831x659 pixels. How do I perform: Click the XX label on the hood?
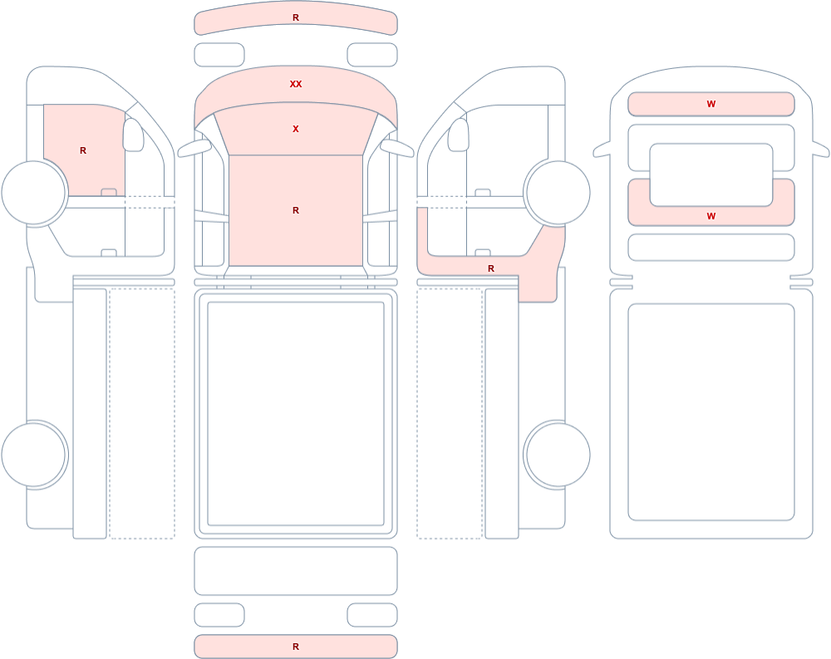pyautogui.click(x=296, y=84)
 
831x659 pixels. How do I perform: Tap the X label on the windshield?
pyautogui.click(x=296, y=129)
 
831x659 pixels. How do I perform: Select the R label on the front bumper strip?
pyautogui.click(x=296, y=17)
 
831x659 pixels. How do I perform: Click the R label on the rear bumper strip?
pyautogui.click(x=296, y=647)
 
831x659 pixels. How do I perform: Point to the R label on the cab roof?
pyautogui.click(x=296, y=210)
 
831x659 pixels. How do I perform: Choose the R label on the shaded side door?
pyautogui.click(x=82, y=150)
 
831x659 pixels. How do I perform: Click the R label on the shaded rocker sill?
pyautogui.click(x=491, y=268)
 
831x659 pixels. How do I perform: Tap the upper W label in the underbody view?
pyautogui.click(x=711, y=104)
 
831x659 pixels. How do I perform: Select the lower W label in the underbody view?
pyautogui.click(x=711, y=216)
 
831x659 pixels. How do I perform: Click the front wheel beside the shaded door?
pyautogui.click(x=34, y=193)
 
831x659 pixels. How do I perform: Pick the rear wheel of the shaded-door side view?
pyautogui.click(x=34, y=455)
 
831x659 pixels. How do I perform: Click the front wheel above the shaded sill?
pyautogui.click(x=557, y=193)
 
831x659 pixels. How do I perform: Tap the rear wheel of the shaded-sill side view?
pyautogui.click(x=557, y=455)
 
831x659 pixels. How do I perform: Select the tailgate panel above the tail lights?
pyautogui.click(x=296, y=570)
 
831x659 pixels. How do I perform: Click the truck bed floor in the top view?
pyautogui.click(x=296, y=414)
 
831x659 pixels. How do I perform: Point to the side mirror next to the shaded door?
pyautogui.click(x=133, y=135)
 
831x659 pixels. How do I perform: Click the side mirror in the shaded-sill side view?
pyautogui.click(x=459, y=135)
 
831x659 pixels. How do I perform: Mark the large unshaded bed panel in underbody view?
pyautogui.click(x=711, y=412)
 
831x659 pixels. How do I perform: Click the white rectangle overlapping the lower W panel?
pyautogui.click(x=711, y=175)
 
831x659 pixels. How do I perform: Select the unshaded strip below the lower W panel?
pyautogui.click(x=711, y=247)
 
